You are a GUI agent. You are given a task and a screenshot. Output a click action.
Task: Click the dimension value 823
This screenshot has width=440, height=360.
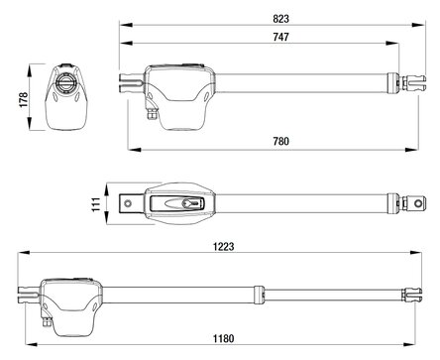281,19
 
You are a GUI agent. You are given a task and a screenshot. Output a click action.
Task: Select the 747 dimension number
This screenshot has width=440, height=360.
281,37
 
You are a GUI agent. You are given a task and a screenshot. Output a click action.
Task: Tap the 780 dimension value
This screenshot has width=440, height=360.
281,141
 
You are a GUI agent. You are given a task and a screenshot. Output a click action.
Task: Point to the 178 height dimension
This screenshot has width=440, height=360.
24,99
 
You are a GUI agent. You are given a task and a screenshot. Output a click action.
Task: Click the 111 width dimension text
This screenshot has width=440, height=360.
96,204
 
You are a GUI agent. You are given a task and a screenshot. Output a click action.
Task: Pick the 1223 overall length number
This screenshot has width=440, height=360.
224,247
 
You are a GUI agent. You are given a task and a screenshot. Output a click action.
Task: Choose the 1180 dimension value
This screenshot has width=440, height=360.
224,339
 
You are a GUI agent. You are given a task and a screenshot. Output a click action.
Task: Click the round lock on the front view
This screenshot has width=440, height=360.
65,81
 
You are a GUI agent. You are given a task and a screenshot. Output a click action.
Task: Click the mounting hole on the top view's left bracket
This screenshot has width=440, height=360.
128,203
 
